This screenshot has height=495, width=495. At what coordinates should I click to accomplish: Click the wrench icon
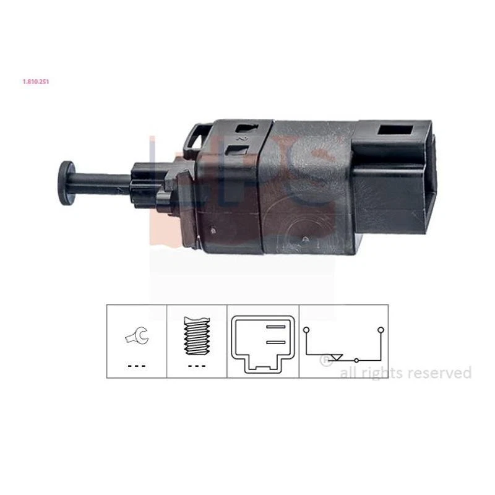136,336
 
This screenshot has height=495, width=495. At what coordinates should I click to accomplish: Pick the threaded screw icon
197,335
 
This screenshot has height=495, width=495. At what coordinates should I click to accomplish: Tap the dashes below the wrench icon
136,366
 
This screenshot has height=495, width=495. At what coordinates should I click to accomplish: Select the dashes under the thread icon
197,366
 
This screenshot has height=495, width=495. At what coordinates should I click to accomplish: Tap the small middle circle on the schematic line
356,359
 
